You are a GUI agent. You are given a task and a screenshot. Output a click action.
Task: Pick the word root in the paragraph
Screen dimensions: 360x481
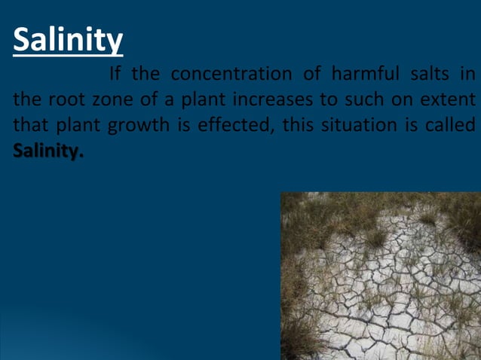pos(62,100)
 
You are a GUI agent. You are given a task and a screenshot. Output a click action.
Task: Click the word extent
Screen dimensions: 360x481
pos(449,100)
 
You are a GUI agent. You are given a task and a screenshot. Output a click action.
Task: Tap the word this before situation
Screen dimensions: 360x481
pos(297,125)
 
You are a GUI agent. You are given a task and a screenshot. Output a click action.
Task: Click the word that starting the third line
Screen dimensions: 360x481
pos(29,125)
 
